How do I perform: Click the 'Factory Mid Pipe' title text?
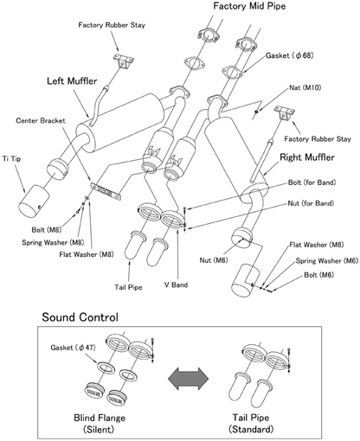point(249,6)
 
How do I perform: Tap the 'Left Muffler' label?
point(72,81)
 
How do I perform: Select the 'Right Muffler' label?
point(307,157)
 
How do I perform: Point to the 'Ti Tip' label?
point(11,159)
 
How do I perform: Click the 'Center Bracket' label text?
point(41,120)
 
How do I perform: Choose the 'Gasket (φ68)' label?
point(289,55)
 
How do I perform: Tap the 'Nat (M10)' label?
point(305,87)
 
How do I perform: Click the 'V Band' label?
point(176,284)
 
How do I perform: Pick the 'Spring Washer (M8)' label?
point(53,242)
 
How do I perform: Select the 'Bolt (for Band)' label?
point(312,182)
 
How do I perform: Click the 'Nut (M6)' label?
point(214,260)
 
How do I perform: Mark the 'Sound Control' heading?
point(80,317)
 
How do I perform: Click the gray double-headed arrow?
point(188,378)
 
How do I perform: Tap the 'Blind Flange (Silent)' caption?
point(100,424)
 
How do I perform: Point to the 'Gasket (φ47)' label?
point(73,348)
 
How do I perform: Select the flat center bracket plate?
point(106,190)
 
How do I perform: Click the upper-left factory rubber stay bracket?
point(123,61)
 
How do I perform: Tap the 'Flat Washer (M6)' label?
point(317,245)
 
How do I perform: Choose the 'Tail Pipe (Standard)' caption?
point(251,424)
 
